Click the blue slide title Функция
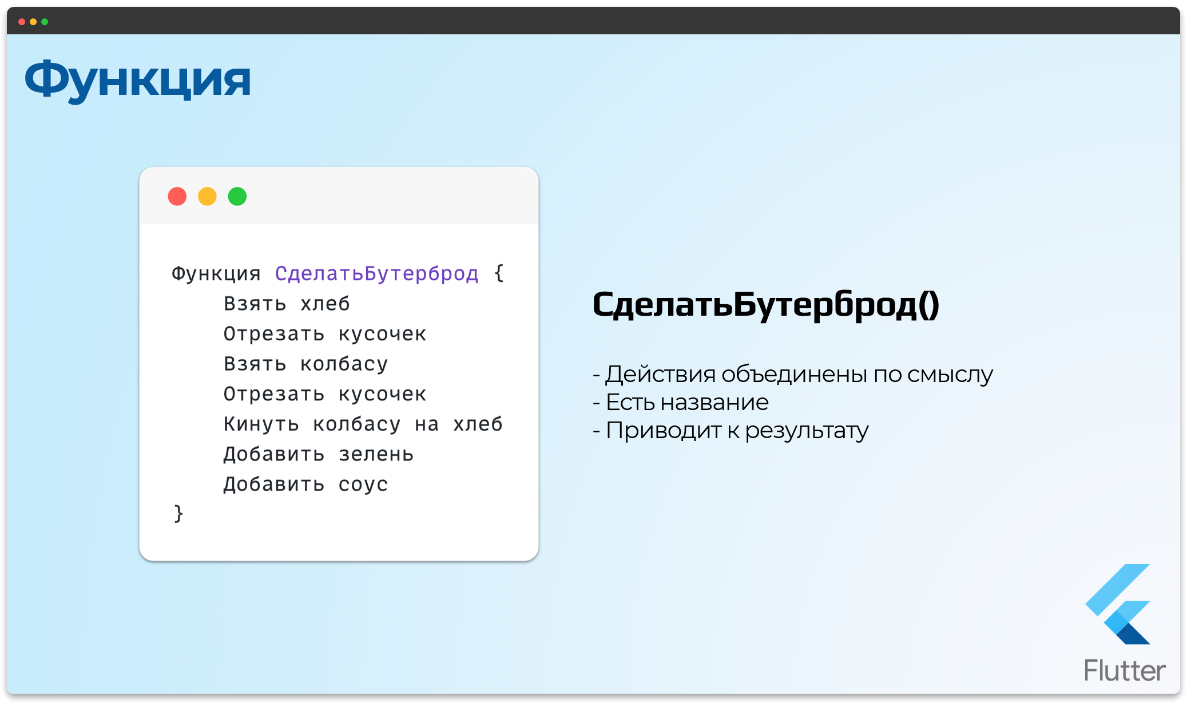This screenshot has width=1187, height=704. [137, 79]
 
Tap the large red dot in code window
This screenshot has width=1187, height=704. [177, 196]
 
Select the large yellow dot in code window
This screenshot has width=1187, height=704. [207, 196]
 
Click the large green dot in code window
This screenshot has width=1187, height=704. [237, 196]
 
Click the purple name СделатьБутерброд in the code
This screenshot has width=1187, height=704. [376, 274]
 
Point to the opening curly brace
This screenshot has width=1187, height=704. [499, 273]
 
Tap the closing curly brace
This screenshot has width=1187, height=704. [178, 513]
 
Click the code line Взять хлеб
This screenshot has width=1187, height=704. [286, 304]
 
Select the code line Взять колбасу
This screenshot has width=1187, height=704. [305, 364]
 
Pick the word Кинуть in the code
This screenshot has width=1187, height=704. [261, 424]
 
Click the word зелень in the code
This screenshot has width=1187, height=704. [376, 455]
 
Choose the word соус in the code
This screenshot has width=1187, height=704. [363, 485]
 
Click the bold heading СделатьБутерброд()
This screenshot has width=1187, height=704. [765, 305]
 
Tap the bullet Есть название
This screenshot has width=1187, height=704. [686, 403]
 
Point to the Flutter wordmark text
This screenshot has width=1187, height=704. [1124, 671]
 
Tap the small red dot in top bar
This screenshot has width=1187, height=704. [22, 22]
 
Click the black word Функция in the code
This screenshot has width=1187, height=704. [216, 274]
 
